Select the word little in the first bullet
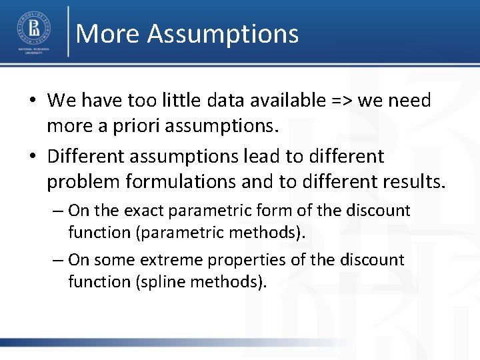(197, 101)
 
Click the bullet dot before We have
(32, 101)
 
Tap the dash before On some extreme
(57, 259)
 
